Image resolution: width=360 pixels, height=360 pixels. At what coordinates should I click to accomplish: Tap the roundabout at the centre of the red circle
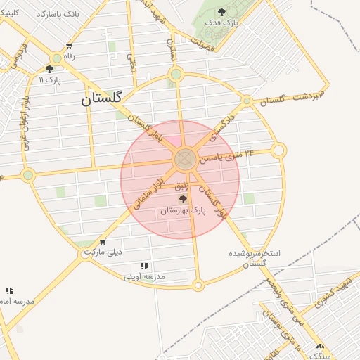[x=185, y=159]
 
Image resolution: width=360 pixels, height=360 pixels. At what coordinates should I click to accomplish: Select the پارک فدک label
[x=222, y=22]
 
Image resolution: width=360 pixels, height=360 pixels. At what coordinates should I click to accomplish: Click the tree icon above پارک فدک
[x=222, y=11]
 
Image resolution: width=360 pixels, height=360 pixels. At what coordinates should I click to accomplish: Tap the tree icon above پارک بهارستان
[x=184, y=200]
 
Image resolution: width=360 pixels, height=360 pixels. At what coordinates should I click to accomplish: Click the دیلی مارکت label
[x=103, y=251]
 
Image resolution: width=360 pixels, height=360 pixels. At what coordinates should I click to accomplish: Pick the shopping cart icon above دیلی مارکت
[x=103, y=242]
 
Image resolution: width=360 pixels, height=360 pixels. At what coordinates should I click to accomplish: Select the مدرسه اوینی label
[x=144, y=276]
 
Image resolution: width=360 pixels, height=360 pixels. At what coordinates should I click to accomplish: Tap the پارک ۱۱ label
[x=50, y=79]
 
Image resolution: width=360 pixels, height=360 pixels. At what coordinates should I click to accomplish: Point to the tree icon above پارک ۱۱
[x=49, y=69]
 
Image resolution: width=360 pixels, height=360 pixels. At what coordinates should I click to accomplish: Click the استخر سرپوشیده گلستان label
[x=255, y=257]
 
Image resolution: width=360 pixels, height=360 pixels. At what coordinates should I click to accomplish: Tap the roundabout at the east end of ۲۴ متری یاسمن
[x=279, y=150]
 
